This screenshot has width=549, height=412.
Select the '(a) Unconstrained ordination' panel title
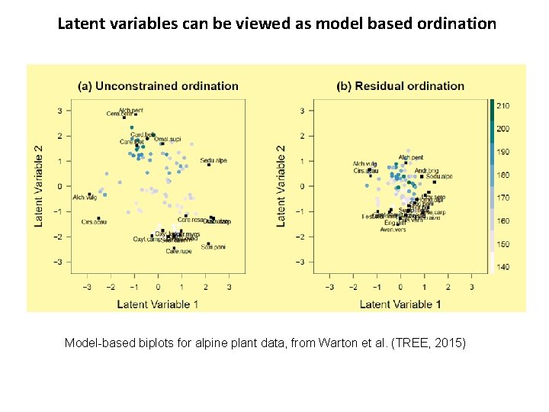(158, 86)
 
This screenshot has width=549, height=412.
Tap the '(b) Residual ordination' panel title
(400, 86)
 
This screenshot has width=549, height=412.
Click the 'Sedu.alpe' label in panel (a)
(213, 160)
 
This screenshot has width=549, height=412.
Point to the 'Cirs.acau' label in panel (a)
(94, 222)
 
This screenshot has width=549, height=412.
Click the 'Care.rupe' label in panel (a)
(178, 251)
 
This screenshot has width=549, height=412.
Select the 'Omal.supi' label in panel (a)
(167, 140)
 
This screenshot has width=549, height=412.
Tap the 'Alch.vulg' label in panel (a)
(84, 198)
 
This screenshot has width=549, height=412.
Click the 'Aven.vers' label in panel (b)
(393, 229)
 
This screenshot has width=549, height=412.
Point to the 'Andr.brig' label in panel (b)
(426, 171)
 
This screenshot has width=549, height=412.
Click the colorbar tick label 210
(503, 106)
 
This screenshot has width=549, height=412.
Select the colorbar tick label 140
(503, 267)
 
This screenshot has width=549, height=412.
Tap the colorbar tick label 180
(503, 175)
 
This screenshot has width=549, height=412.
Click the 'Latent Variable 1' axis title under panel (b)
(400, 304)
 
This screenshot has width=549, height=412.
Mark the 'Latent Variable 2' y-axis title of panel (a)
(38, 185)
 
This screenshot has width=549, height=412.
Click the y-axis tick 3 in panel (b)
(302, 111)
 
